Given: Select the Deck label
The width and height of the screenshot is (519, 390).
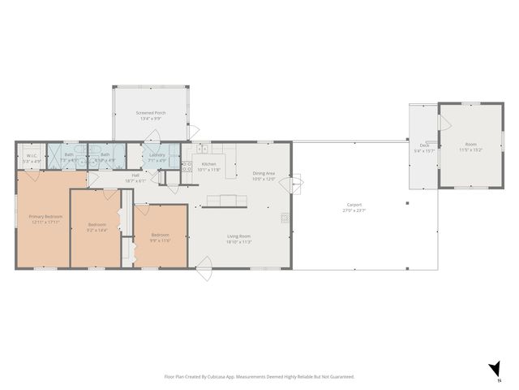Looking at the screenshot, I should tap(423, 146).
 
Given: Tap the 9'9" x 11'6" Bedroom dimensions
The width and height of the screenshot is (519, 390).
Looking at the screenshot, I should tap(161, 240).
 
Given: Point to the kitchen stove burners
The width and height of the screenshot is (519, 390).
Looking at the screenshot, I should tap(185, 167).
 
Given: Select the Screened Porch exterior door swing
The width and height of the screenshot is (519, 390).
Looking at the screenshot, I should tap(193, 132).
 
